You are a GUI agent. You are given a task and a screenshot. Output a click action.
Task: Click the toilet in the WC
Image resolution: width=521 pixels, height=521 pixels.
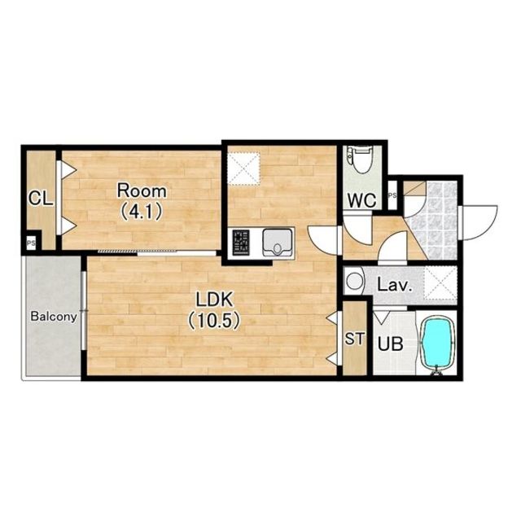(360, 160)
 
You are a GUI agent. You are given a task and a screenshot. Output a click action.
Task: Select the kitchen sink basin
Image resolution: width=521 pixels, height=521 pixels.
(278, 243)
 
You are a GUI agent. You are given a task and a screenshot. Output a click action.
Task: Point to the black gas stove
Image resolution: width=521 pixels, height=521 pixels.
(241, 243)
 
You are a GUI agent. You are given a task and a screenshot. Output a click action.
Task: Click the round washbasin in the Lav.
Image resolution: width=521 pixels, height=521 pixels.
(354, 281)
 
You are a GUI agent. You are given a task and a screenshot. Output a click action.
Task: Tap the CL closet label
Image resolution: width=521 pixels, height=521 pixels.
(41, 199)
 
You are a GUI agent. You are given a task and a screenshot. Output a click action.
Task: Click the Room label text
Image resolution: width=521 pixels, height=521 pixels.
(142, 191)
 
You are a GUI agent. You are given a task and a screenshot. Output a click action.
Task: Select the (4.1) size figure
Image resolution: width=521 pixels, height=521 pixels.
(141, 212)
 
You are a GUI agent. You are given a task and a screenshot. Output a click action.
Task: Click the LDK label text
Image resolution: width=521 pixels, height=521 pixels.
(214, 300)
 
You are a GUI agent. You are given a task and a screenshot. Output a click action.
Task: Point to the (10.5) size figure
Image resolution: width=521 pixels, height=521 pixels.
(214, 321)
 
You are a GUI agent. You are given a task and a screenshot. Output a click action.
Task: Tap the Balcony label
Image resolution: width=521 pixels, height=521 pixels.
(54, 317)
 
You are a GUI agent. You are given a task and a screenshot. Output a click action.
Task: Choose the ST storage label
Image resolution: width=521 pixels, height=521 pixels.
(355, 339)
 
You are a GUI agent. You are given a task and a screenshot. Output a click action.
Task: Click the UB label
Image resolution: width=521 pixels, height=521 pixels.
(391, 344)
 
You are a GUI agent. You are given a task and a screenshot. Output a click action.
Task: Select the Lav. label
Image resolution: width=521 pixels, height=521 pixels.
(395, 286)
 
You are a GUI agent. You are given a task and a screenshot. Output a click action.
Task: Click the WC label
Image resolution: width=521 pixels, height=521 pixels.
(361, 200)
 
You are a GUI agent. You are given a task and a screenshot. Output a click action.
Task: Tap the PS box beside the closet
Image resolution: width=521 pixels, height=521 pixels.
(31, 243)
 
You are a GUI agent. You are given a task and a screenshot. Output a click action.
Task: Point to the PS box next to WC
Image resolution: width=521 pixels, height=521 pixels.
(392, 195)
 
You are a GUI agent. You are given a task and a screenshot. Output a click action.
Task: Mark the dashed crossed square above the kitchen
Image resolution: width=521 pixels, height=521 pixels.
(245, 169)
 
